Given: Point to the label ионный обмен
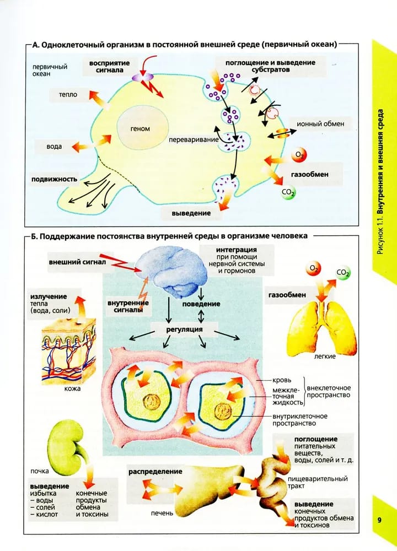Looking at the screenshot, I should [320, 124].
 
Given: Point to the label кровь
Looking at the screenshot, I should [282, 380].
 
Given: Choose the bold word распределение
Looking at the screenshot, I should [155, 472].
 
